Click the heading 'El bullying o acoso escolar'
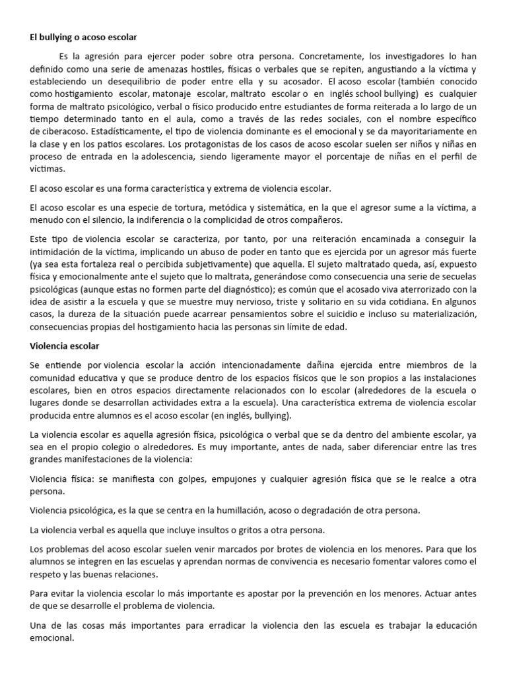coord(83,38)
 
